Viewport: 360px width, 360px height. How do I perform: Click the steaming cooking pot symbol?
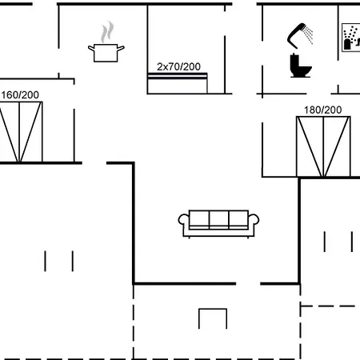(106, 42)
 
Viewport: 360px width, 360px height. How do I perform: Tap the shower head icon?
(297, 36)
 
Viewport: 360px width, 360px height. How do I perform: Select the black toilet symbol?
(301, 66)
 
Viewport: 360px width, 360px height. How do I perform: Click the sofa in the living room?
(218, 224)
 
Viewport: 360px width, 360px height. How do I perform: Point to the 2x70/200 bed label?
(178, 66)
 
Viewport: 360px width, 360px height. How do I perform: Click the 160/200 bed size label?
(20, 95)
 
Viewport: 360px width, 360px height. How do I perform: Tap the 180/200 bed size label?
(323, 110)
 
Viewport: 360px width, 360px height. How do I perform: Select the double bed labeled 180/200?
(323, 146)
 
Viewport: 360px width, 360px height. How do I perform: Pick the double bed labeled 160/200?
(21, 132)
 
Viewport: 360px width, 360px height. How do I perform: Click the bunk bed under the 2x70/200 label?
(178, 83)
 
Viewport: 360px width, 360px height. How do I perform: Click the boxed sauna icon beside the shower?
(351, 38)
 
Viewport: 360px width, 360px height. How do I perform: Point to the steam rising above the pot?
(107, 31)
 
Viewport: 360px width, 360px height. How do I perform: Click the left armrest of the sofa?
(183, 219)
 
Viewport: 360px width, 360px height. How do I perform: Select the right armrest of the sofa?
(254, 219)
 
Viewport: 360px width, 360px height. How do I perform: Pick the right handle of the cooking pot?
(121, 48)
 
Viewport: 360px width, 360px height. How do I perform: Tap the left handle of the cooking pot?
(91, 48)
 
